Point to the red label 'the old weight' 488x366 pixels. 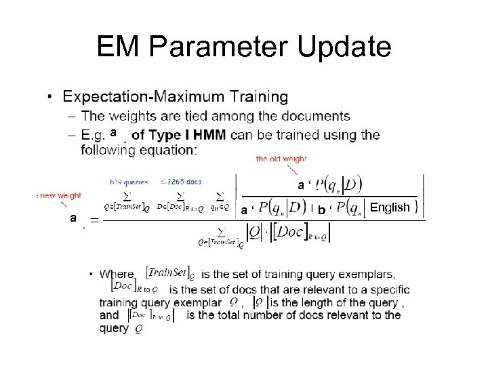point(281,159)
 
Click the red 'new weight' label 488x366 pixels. point(60,195)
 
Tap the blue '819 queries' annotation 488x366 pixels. point(128,181)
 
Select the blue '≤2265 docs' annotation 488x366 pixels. point(180,181)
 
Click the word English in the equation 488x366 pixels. point(390,207)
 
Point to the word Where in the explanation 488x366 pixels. point(117,274)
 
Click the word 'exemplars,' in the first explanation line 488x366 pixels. point(364,274)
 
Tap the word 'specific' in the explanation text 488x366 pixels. point(388,289)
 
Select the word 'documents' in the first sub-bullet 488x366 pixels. point(320,117)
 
